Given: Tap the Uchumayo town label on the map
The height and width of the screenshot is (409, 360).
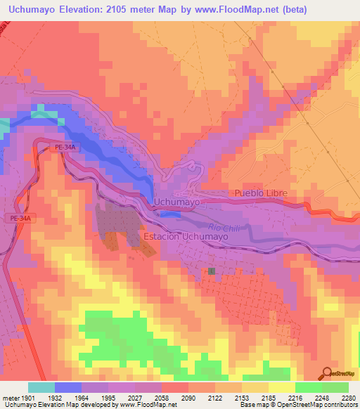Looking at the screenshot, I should pos(176,202).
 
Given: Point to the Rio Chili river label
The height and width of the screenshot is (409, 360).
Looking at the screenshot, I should pos(224,226).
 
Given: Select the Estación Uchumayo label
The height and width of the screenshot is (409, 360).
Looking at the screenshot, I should pos(186,238).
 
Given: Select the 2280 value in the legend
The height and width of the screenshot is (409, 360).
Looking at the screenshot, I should pos(348,398).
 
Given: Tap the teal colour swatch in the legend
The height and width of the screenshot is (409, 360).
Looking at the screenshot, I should pos(41,387).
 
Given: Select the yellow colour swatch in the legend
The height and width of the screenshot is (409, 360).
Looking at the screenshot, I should pos(281,387).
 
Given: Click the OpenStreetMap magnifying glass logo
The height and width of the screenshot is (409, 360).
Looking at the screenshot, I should pos(327,373).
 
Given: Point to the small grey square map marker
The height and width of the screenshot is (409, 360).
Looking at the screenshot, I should pos(211,271).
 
